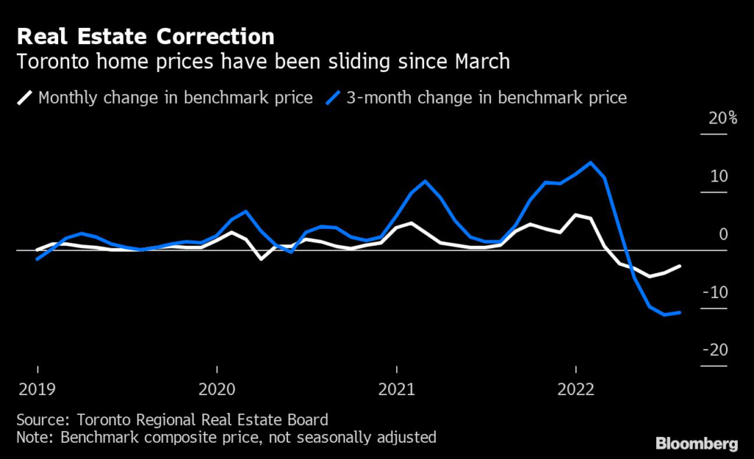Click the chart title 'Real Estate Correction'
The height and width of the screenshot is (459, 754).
[145, 36]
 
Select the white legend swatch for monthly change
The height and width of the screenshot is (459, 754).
[24, 97]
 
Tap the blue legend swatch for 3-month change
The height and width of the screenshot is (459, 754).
[332, 97]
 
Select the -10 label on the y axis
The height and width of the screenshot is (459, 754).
[715, 293]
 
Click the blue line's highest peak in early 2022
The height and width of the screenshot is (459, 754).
[591, 163]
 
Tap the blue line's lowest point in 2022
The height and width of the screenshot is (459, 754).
[664, 315]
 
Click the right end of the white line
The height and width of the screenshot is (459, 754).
[679, 266]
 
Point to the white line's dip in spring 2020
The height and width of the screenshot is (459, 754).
[261, 259]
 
